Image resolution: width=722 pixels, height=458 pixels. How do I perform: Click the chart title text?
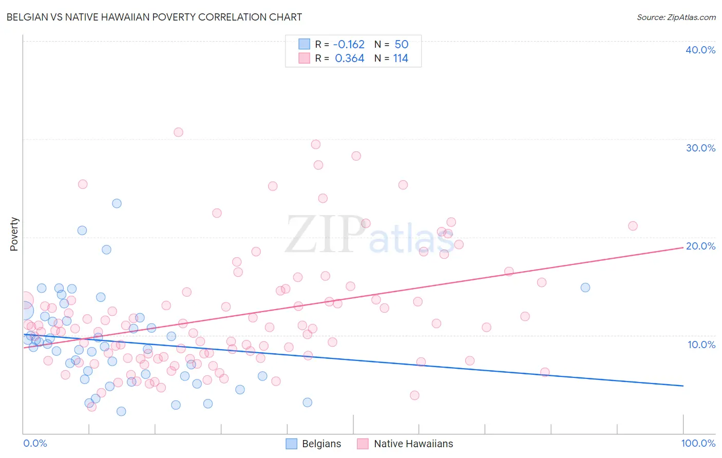(154, 17)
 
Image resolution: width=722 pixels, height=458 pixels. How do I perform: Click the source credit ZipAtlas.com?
(676, 17)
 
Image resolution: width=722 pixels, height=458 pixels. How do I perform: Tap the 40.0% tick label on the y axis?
(700, 50)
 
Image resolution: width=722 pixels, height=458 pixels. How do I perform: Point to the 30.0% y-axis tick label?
(700, 148)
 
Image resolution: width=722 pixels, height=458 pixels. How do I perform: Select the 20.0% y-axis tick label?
(700, 246)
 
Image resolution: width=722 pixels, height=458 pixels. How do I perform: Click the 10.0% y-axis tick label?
(701, 345)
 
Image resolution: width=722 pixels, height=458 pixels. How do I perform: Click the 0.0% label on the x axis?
(35, 443)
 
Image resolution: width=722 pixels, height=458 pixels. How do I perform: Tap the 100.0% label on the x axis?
(698, 443)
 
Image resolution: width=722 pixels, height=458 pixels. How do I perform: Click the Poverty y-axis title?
(14, 234)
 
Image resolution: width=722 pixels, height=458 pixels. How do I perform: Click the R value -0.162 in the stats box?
(349, 45)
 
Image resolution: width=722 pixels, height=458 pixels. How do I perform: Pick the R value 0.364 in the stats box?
(349, 59)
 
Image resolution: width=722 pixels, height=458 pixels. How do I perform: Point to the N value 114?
(401, 59)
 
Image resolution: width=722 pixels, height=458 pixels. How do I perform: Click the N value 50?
(401, 45)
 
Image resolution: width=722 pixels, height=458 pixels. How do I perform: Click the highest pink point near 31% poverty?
(178, 132)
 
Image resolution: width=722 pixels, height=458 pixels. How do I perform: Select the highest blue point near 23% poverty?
(117, 203)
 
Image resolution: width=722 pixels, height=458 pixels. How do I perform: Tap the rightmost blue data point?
(585, 288)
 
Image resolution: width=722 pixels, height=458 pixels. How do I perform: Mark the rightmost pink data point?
(633, 226)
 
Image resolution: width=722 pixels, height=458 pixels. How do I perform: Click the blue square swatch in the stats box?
(305, 44)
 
